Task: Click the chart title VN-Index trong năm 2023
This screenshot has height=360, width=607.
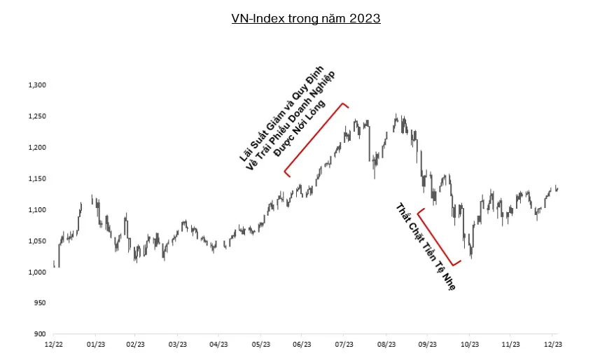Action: tap(305, 19)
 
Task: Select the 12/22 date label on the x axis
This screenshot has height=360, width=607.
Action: tap(53, 345)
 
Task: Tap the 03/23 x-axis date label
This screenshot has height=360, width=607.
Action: tap(178, 345)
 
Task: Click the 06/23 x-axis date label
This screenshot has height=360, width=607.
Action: tap(302, 345)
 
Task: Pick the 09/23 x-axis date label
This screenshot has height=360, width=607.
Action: tap(427, 345)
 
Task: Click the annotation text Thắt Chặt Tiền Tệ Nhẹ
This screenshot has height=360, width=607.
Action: tap(426, 247)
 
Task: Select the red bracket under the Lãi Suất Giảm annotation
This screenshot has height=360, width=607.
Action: tap(315, 139)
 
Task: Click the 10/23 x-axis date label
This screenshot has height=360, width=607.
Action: tap(469, 345)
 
